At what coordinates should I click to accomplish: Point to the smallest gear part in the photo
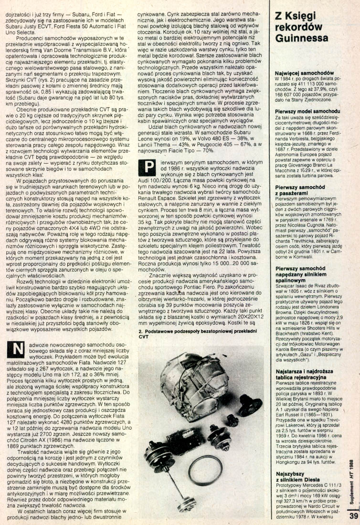point(233,420)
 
